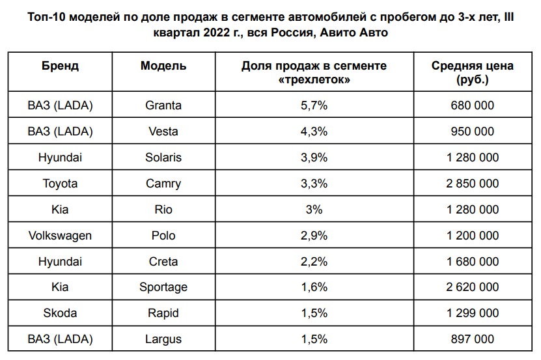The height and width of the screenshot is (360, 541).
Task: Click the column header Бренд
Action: (x=61, y=66)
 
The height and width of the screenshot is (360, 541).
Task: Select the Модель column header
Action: (x=163, y=66)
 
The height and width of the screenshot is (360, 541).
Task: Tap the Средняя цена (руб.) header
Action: (x=473, y=72)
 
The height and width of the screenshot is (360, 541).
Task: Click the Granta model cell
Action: (x=163, y=105)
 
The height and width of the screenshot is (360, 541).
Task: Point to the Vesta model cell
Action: (x=163, y=132)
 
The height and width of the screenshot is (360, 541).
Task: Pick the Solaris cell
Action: (x=163, y=158)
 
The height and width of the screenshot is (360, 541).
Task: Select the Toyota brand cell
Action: (x=61, y=184)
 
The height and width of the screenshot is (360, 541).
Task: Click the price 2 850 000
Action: (x=473, y=184)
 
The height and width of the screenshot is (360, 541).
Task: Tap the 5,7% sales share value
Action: (x=314, y=105)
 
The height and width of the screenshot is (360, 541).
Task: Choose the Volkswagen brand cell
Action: (x=61, y=236)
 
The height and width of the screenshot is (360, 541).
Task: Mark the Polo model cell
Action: (x=163, y=236)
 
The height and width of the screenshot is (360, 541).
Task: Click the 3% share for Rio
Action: (x=314, y=210)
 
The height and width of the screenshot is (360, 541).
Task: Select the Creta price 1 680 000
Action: (x=473, y=261)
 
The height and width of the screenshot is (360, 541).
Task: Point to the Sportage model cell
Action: (x=163, y=287)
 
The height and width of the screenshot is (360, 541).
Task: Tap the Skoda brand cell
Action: (x=61, y=313)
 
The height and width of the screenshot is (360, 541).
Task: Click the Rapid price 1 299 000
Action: (x=473, y=313)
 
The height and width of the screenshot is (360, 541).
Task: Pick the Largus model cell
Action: (x=163, y=339)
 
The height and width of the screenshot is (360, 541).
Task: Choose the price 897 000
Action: (x=473, y=339)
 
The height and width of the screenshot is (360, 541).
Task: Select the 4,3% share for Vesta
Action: (x=314, y=132)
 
